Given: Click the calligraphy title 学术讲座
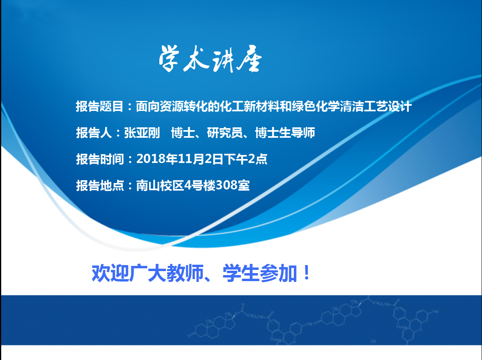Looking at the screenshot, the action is pyautogui.click(x=210, y=59).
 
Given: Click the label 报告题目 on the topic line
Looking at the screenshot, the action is pyautogui.click(x=99, y=107).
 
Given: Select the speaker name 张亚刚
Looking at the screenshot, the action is pyautogui.click(x=142, y=133).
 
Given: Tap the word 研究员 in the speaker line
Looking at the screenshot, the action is pyautogui.click(x=225, y=133).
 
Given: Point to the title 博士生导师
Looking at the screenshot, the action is pyautogui.click(x=285, y=133).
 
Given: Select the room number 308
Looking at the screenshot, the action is pyautogui.click(x=227, y=185).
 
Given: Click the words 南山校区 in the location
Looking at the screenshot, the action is pyautogui.click(x=160, y=185).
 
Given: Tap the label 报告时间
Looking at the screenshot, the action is pyautogui.click(x=99, y=159).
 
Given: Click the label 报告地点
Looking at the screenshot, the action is pyautogui.click(x=99, y=185).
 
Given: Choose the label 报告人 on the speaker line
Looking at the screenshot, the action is pyautogui.click(x=94, y=133).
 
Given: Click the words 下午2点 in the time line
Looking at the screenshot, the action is pyautogui.click(x=247, y=159).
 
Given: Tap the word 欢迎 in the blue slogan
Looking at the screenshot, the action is pyautogui.click(x=110, y=273).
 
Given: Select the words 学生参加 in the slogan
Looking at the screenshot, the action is pyautogui.click(x=260, y=273).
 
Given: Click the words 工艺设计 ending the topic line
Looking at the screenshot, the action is pyautogui.click(x=388, y=107).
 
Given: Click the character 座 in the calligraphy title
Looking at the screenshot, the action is pyautogui.click(x=249, y=59).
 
